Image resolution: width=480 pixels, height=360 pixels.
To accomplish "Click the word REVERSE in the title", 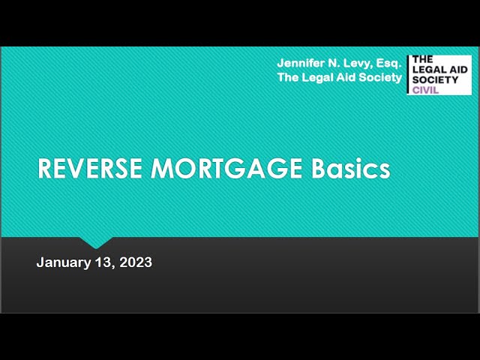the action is (90, 168).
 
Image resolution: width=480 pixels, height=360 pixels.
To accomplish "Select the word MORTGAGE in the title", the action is (226, 168).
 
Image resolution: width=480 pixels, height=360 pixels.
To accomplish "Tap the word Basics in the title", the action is (351, 168).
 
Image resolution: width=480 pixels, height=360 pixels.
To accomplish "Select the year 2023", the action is (136, 262).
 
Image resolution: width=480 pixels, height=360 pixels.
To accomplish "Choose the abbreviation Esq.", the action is (388, 64).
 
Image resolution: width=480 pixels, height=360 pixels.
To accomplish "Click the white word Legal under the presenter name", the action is (318, 78).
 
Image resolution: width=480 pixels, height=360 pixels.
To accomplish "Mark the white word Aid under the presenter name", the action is (346, 77).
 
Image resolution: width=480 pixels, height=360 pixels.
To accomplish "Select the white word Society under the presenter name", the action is (380, 78).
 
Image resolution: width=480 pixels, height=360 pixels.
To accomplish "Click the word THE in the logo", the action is (422, 59).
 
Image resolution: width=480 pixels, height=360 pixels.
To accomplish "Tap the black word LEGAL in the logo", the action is (427, 70).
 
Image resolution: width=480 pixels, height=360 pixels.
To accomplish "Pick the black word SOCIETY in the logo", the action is (435, 80).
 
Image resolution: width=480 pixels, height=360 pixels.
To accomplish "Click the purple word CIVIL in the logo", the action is (425, 90).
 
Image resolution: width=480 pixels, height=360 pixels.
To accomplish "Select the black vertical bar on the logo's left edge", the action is (408, 75).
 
